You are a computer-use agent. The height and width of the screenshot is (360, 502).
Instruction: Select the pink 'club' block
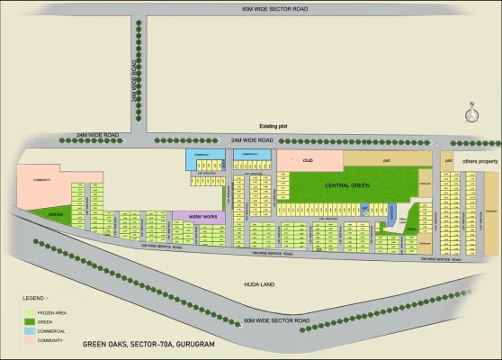309,159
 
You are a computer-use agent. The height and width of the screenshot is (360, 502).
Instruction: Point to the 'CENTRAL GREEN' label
347,185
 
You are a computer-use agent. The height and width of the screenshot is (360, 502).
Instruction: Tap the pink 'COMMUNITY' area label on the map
41,180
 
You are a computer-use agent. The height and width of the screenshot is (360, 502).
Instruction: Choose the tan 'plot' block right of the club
387,159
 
